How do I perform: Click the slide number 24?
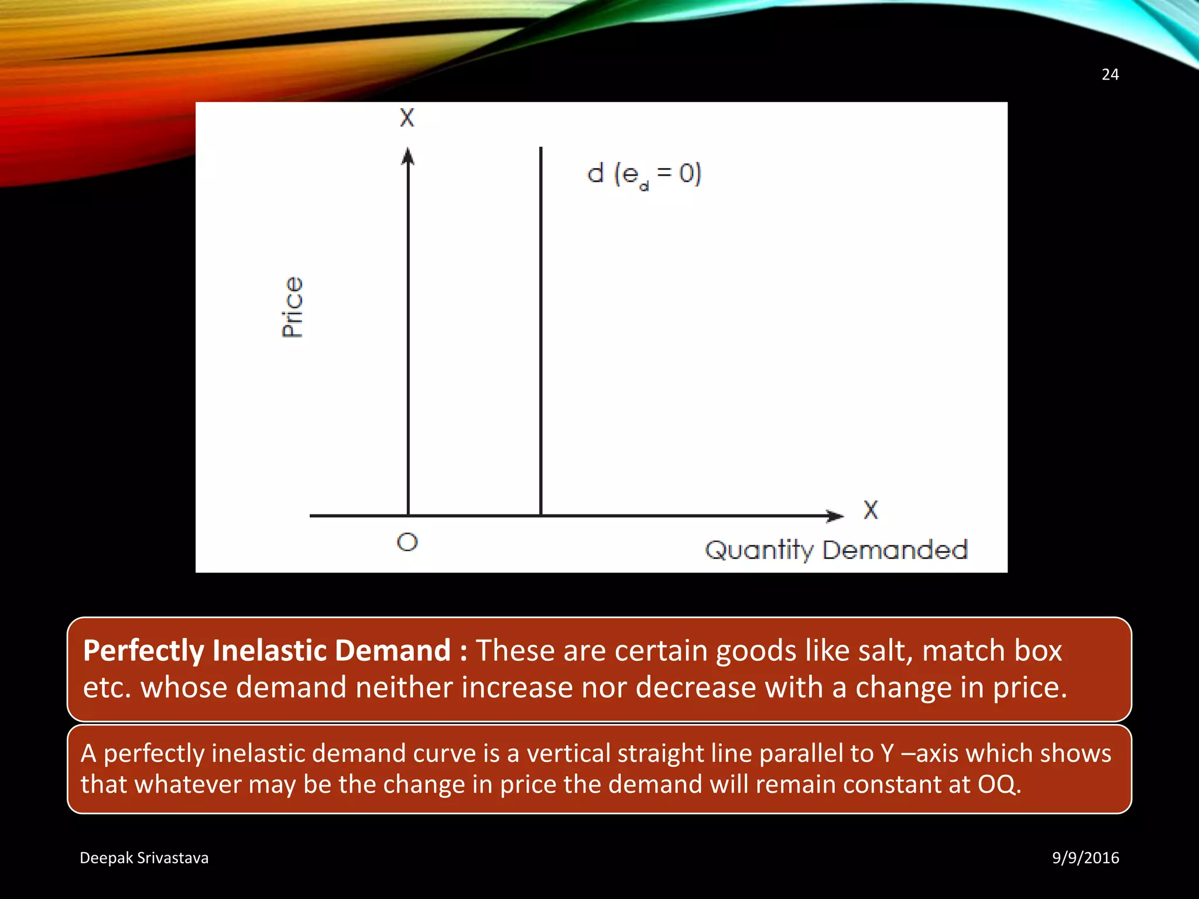tap(1110, 74)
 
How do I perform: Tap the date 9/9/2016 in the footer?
tap(1085, 857)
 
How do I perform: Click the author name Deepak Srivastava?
tap(144, 857)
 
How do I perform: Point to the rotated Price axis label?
tap(292, 307)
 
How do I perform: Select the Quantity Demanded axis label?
tap(836, 550)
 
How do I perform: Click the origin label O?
tap(407, 542)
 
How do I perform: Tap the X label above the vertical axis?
tap(407, 118)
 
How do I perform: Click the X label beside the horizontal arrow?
tap(871, 510)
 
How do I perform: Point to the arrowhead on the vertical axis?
tap(408, 156)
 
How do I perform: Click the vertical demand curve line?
tap(541, 328)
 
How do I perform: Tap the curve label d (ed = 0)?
tap(644, 174)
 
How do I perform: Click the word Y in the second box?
tap(888, 753)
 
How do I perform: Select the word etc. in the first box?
tap(106, 687)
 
